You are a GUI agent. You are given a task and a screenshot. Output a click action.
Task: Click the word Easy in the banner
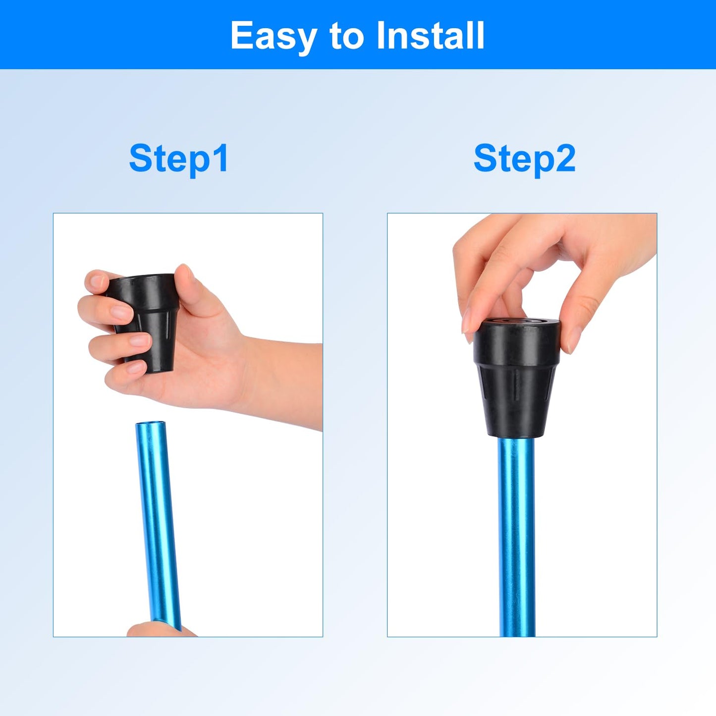coord(274,36)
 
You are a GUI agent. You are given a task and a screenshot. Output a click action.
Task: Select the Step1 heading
coord(179,160)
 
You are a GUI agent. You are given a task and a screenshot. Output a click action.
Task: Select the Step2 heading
coord(524,160)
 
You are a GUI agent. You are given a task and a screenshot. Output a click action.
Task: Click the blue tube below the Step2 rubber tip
coord(516,535)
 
